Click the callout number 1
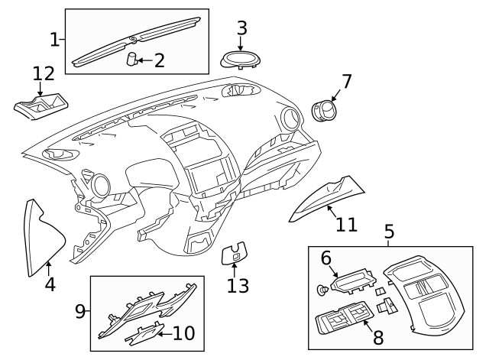(x=54, y=38)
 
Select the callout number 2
(x=159, y=60)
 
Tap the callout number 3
(x=241, y=28)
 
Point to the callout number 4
(x=50, y=285)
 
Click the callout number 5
(x=389, y=231)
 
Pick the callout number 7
(x=346, y=80)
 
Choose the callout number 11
(x=346, y=224)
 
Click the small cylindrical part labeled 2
(x=131, y=59)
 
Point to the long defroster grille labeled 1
(x=138, y=38)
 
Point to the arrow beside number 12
(x=40, y=89)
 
